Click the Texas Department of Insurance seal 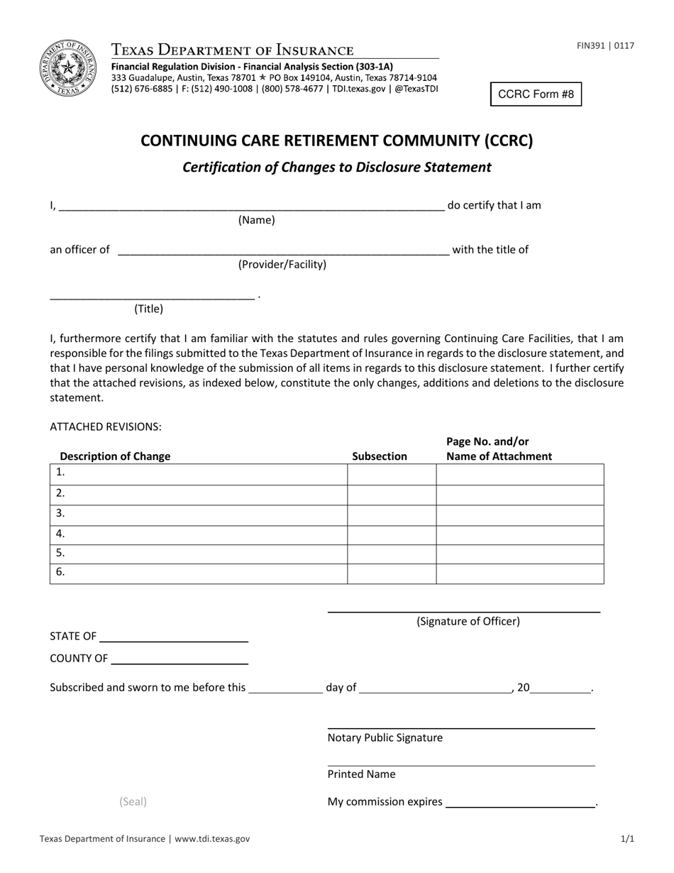(x=69, y=68)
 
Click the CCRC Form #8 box (x=536, y=94)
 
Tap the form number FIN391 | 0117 (x=605, y=46)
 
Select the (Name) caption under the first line (x=256, y=220)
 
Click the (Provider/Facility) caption (x=282, y=264)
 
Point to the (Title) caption (x=148, y=308)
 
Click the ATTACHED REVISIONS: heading (x=106, y=427)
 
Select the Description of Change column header (x=115, y=456)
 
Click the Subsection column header (x=380, y=456)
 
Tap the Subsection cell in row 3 (x=392, y=515)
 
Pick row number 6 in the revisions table (x=60, y=571)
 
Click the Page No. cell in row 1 (x=519, y=474)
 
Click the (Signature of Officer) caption (x=468, y=621)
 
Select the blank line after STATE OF (x=174, y=636)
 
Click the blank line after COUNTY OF (x=179, y=659)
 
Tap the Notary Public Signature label (x=385, y=737)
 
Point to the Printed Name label (x=361, y=774)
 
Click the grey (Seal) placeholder (x=133, y=801)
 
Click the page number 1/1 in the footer (x=627, y=838)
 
